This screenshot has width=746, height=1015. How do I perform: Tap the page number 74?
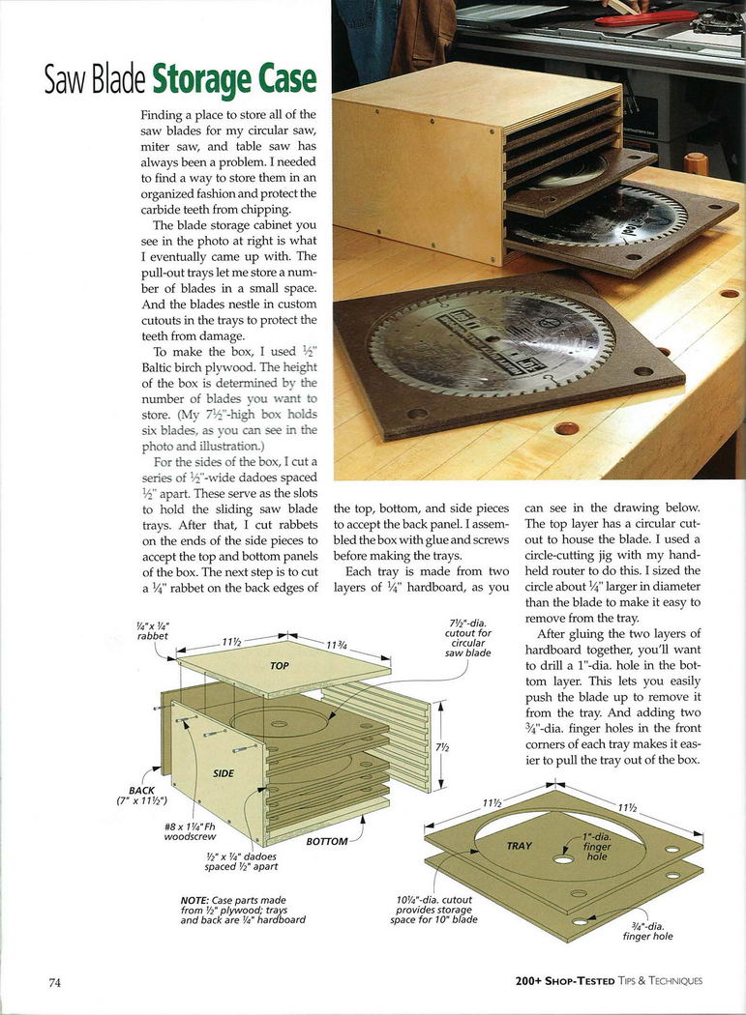pos(55,982)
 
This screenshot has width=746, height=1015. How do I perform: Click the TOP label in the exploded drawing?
pos(280,666)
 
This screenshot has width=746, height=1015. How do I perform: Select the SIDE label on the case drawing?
pos(224,773)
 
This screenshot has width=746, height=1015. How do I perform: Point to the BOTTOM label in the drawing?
pos(326,841)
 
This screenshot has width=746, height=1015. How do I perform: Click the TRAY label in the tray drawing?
pos(520,846)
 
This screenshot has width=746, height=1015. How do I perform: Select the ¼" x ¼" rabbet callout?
pos(152,630)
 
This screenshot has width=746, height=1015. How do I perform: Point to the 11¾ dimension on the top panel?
pos(336,647)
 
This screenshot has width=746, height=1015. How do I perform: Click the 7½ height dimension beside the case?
pos(442,747)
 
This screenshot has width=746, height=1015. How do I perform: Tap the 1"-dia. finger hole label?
pos(597,847)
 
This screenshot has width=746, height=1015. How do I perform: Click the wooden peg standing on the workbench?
pos(695,162)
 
